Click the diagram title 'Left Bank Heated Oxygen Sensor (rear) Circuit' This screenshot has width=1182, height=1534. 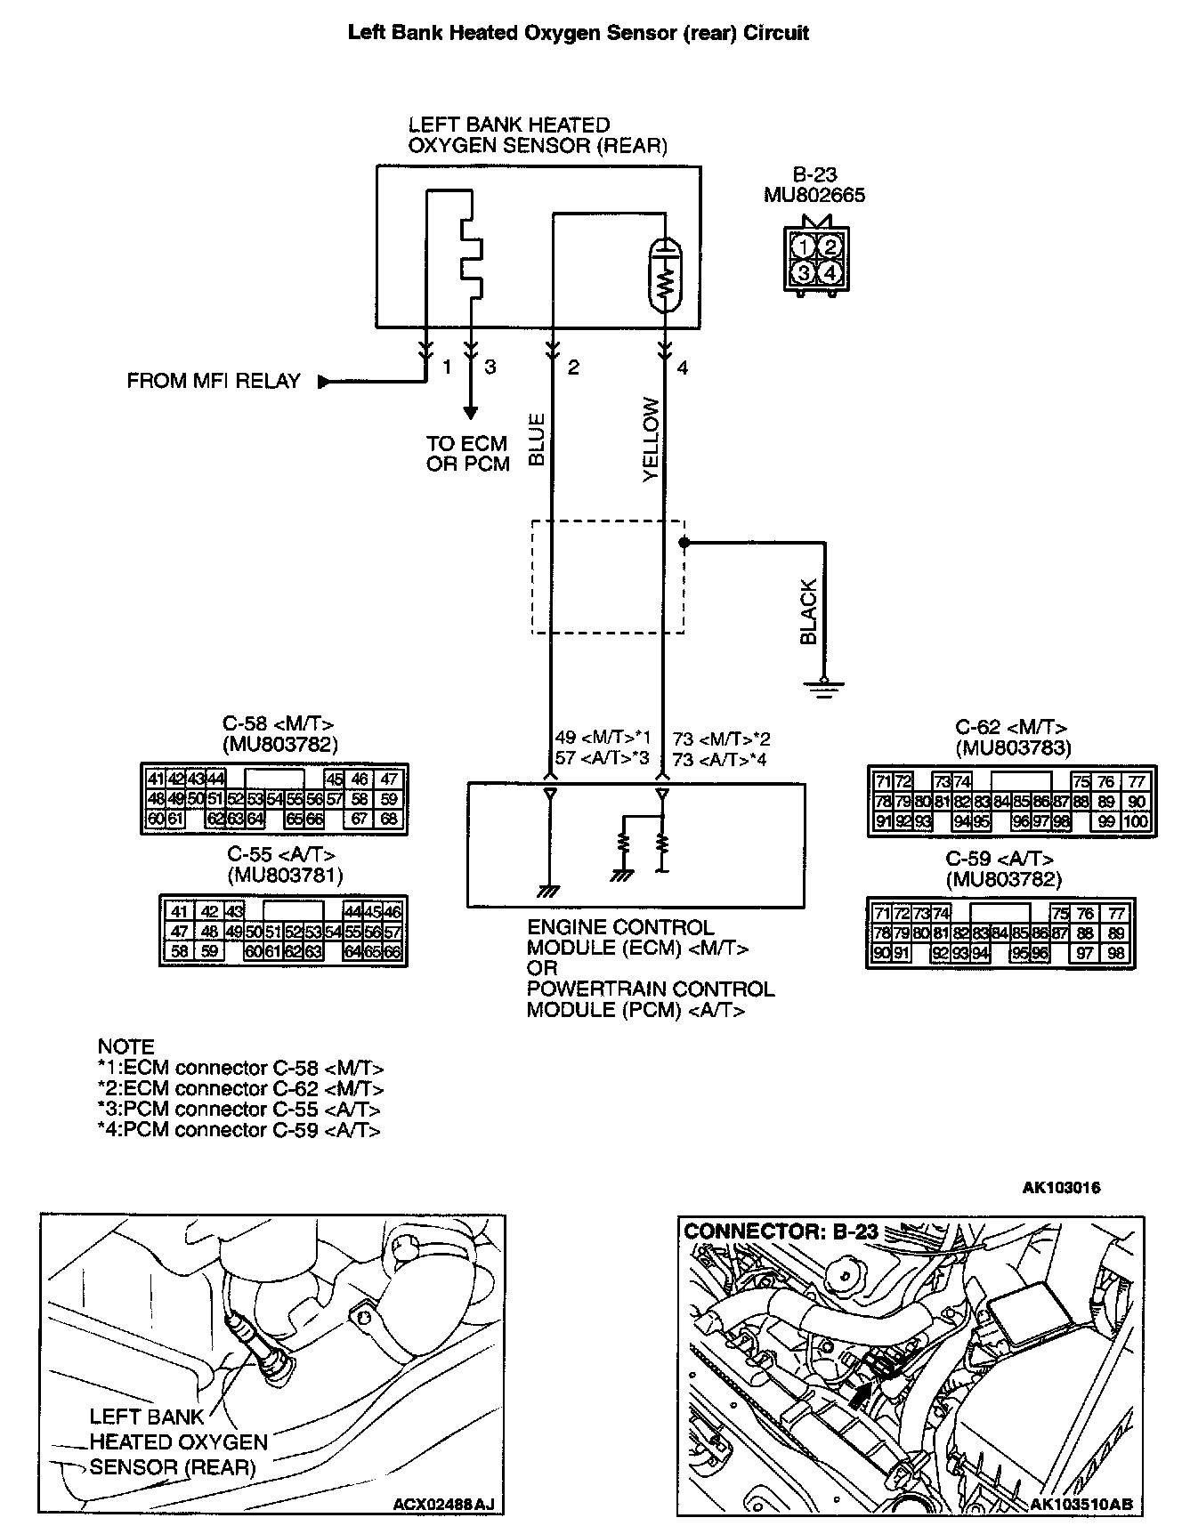pos(578,34)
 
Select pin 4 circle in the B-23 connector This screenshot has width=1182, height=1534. pos(829,272)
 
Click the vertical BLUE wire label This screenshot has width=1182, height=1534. pos(536,440)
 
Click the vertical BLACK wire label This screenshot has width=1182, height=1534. pos(808,611)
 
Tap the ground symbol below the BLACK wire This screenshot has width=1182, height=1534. pos(823,684)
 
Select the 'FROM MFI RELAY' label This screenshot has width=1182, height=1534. pos(214,382)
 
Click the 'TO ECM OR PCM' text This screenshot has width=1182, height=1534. pos(467,454)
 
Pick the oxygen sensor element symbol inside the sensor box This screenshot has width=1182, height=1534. pos(664,274)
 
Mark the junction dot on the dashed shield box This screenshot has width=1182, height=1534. pos(684,542)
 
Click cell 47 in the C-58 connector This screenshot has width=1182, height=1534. pos(389,779)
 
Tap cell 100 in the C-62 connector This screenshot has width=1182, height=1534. pos(1135,821)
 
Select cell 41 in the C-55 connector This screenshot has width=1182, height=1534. pos(180,911)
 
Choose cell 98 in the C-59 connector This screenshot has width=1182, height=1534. pos(1116,953)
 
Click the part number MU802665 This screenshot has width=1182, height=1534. pos(814,195)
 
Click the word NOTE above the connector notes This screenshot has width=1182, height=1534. pos(125,1046)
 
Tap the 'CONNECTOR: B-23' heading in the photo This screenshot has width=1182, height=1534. pos(781,1232)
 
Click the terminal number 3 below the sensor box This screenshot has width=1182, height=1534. pos(490,367)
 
